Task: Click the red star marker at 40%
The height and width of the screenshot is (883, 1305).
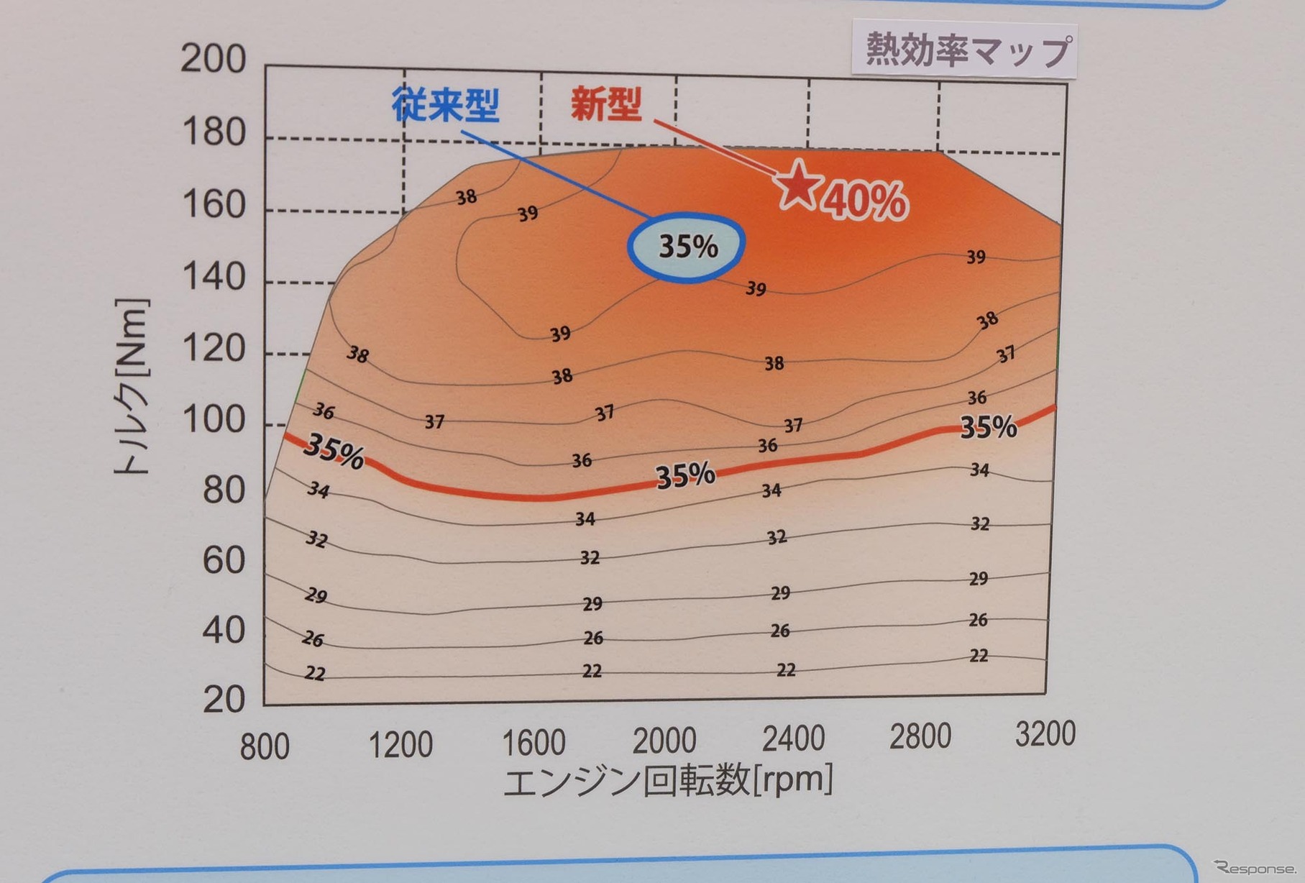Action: (797, 184)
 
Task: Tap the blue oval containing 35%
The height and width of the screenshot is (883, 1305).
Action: (686, 247)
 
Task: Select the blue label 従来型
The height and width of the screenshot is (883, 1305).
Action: (446, 105)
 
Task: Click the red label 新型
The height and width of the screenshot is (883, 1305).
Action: (606, 104)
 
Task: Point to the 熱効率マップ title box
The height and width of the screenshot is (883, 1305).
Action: (965, 50)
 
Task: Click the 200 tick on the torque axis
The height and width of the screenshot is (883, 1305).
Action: (213, 58)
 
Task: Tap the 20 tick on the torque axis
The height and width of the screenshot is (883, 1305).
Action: (224, 699)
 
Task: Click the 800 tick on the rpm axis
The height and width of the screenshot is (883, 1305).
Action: (265, 746)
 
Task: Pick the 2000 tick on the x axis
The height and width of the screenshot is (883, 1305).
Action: (664, 741)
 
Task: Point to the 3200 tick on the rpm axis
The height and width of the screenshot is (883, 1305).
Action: (1045, 734)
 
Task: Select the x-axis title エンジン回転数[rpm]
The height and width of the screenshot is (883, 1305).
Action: (668, 781)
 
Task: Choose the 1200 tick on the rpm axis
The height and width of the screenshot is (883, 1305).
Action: (400, 745)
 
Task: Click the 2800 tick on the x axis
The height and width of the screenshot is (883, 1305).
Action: (920, 736)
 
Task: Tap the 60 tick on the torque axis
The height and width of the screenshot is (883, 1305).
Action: (224, 560)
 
